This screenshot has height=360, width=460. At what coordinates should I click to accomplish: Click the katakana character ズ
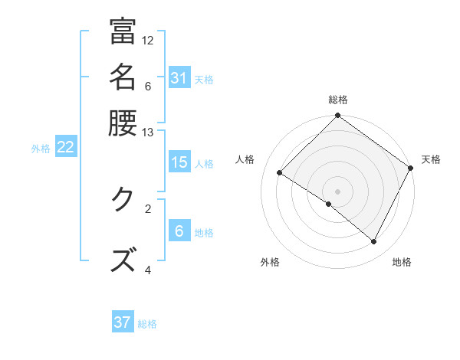click(123, 260)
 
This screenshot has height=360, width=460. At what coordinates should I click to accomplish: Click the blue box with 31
click(179, 79)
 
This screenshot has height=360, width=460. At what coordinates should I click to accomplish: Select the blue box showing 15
click(179, 162)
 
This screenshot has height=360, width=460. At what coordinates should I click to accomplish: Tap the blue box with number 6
click(179, 231)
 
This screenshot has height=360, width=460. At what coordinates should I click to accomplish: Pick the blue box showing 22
click(65, 148)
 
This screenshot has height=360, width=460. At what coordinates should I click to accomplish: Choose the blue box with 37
click(123, 322)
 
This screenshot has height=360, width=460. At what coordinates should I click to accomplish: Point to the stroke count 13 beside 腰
click(148, 132)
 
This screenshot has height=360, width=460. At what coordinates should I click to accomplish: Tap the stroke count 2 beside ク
click(148, 208)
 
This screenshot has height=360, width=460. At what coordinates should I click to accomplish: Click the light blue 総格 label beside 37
click(147, 324)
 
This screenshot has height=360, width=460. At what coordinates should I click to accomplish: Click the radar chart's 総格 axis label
click(338, 100)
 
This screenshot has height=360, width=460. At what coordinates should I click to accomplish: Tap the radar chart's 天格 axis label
click(431, 159)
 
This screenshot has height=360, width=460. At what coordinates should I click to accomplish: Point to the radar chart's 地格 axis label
click(402, 262)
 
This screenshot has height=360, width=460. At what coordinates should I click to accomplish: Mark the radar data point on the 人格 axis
click(280, 172)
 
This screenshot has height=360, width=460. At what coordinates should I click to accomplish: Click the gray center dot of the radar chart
click(338, 191)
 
